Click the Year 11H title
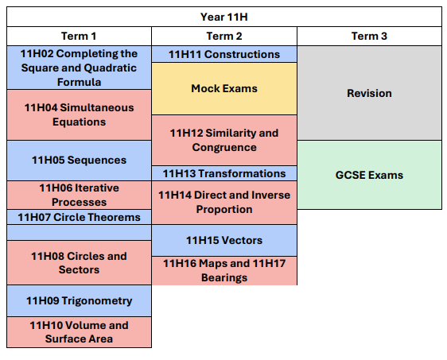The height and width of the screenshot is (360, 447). (x=223, y=17)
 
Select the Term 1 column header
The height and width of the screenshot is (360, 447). (x=79, y=37)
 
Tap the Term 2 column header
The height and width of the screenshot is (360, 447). (x=224, y=37)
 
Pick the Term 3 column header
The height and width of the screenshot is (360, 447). (x=369, y=37)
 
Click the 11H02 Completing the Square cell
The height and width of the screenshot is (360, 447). (x=79, y=68)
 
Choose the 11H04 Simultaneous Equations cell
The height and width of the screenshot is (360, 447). (x=79, y=114)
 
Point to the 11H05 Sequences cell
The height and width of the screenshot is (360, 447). (x=79, y=160)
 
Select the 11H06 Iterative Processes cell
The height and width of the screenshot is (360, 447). (x=79, y=195)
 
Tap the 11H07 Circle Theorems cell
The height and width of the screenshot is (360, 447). (x=79, y=217)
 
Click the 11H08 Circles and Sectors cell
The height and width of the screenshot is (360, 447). (x=79, y=263)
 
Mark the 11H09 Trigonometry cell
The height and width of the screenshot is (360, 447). (x=79, y=301)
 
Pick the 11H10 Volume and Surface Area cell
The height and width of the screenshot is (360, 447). (x=79, y=332)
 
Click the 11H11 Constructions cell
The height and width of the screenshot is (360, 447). (x=224, y=54)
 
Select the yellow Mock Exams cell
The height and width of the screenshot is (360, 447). (x=224, y=88)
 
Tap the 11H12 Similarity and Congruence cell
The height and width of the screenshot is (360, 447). (x=224, y=140)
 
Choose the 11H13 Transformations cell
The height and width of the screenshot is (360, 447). (x=224, y=173)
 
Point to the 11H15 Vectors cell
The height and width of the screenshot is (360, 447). (x=224, y=240)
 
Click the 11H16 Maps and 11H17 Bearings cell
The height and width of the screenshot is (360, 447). (x=224, y=270)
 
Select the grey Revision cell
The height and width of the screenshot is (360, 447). (x=369, y=93)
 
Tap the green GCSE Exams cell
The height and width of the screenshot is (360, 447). (x=369, y=175)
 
